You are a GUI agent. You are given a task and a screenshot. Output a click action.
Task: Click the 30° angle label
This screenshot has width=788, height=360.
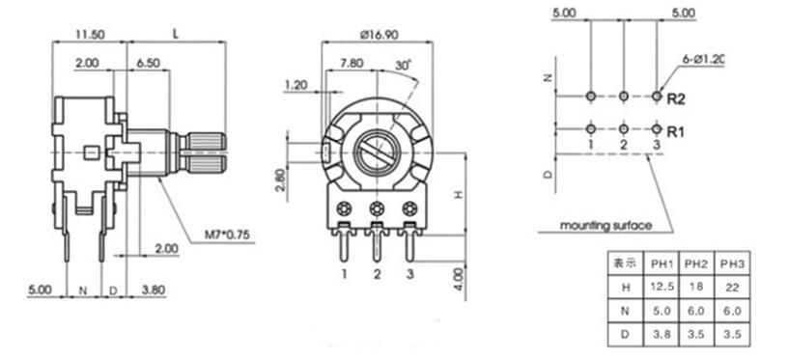pos(403,64)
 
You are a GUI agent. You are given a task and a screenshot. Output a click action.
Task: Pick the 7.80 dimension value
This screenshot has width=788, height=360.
pos(353,64)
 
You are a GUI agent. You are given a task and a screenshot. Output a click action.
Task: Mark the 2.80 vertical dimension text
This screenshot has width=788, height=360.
pos(280,180)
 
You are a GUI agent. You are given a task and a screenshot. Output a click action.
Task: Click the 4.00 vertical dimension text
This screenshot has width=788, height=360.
pos(459,279)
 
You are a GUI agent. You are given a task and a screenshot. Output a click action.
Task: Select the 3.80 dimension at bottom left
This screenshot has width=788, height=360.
pos(150,289)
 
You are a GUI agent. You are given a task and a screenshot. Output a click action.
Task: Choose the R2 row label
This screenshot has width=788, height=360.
pos(676,98)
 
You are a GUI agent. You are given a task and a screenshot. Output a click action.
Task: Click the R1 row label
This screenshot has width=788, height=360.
pos(676,129)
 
